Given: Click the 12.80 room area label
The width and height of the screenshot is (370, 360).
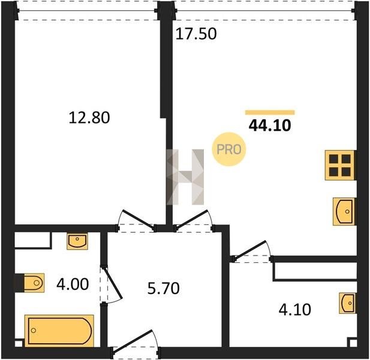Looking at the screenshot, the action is (89, 118).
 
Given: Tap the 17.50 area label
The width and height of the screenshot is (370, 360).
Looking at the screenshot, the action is (196, 34).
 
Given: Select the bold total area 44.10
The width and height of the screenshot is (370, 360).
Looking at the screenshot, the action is (270, 125).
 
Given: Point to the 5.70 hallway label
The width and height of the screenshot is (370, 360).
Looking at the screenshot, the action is (163, 288).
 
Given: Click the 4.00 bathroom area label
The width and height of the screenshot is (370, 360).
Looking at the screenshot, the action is (73, 284).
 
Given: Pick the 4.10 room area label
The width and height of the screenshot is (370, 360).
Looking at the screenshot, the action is (294, 310).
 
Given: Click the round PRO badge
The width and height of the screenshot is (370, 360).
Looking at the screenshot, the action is (229, 149).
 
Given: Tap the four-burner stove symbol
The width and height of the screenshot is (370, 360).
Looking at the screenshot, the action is (340, 165).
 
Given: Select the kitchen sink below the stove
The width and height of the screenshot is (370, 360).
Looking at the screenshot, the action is (344, 212).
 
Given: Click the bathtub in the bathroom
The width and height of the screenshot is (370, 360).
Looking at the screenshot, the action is (59, 331).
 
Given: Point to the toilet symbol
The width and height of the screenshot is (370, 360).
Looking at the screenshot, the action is (34, 283).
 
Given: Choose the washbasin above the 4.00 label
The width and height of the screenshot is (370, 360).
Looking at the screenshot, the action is (77, 241).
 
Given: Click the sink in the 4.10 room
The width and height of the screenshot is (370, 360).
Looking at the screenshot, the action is (347, 303).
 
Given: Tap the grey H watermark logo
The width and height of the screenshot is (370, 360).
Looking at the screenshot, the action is (185, 177).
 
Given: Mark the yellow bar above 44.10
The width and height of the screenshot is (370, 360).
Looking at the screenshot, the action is (270, 113).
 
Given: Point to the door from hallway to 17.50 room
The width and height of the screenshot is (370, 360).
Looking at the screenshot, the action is (194, 221).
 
